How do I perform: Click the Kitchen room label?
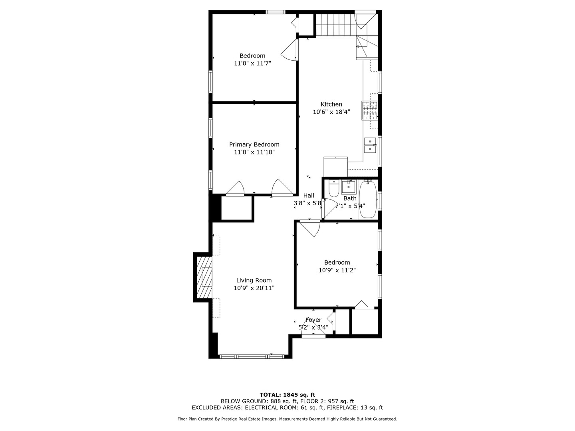pos(331,104)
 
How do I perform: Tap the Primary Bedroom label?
pos(254,144)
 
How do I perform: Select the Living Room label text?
pos(254,280)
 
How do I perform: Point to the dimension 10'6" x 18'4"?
pos(331,112)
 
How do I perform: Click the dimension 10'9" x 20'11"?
pos(254,288)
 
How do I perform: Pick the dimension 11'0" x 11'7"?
pos(252,63)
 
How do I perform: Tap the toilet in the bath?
pos(334,188)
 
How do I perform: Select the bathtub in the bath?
pos(368,199)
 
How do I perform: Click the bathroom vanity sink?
pos(349,187)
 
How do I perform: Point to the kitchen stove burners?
pos(370,111)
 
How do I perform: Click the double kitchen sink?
pos(370,145)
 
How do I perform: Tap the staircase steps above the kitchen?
pos(336,24)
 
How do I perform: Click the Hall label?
pos(309,196)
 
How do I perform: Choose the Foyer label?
pos(313,320)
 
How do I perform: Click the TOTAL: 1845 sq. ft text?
pos(287,395)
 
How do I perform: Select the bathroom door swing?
pos(329,208)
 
